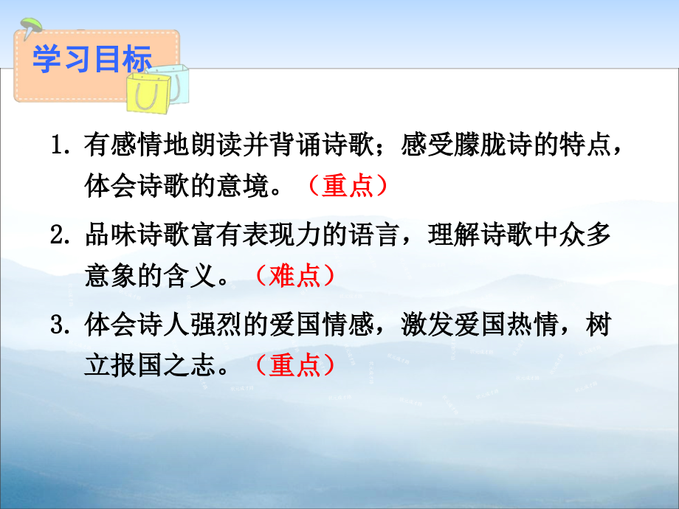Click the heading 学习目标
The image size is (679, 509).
(x=92, y=60)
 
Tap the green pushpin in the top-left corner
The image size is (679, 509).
(x=29, y=28)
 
